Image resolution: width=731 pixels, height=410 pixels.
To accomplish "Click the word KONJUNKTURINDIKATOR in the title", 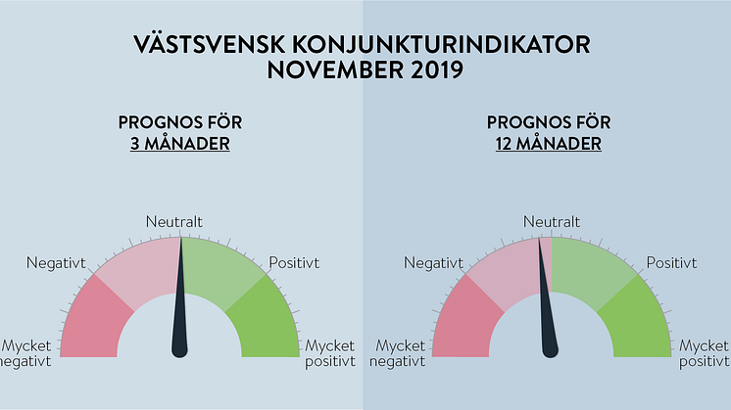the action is click(441, 45).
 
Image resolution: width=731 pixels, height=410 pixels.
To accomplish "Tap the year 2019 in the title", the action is click(437, 69).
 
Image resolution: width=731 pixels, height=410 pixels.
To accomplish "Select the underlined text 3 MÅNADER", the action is click(180, 143).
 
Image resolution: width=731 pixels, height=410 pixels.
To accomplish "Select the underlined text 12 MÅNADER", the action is click(549, 143).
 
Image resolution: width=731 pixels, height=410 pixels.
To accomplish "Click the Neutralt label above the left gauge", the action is click(173, 221).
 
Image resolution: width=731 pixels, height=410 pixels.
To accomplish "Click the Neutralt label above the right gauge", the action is click(552, 221).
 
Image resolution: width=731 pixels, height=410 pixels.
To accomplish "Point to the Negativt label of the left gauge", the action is click(56, 263).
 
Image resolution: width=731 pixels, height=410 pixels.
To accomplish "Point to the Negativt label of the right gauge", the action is click(433, 263).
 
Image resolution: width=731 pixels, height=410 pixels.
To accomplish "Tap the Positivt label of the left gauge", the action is click(294, 263).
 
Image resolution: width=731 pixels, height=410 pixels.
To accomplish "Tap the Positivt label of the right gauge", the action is click(671, 263).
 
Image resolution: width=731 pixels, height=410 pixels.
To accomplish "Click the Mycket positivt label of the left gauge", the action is click(330, 353).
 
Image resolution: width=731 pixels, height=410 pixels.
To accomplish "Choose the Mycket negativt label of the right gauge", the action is click(397, 353).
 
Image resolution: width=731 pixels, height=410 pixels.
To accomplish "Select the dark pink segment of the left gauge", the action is click(93, 321).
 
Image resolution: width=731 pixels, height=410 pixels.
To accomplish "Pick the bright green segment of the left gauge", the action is click(267, 321).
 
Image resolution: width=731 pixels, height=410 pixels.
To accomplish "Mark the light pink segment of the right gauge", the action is click(506, 270).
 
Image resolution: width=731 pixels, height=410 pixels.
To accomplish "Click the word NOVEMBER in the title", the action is click(336, 69).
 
